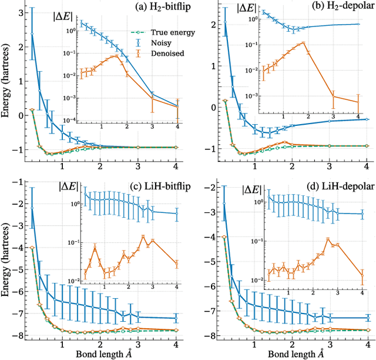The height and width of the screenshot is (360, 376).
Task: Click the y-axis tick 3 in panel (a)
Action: (20, 12)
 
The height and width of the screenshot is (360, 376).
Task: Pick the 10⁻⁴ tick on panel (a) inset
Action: (67, 121)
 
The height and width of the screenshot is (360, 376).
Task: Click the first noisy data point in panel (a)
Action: (32, 34)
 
